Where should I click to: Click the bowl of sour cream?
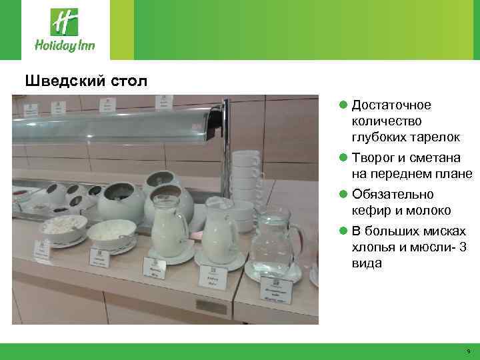(111, 233)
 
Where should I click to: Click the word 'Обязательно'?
(393, 195)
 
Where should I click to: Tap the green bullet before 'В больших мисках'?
(343, 231)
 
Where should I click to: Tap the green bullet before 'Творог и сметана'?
(343, 158)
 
